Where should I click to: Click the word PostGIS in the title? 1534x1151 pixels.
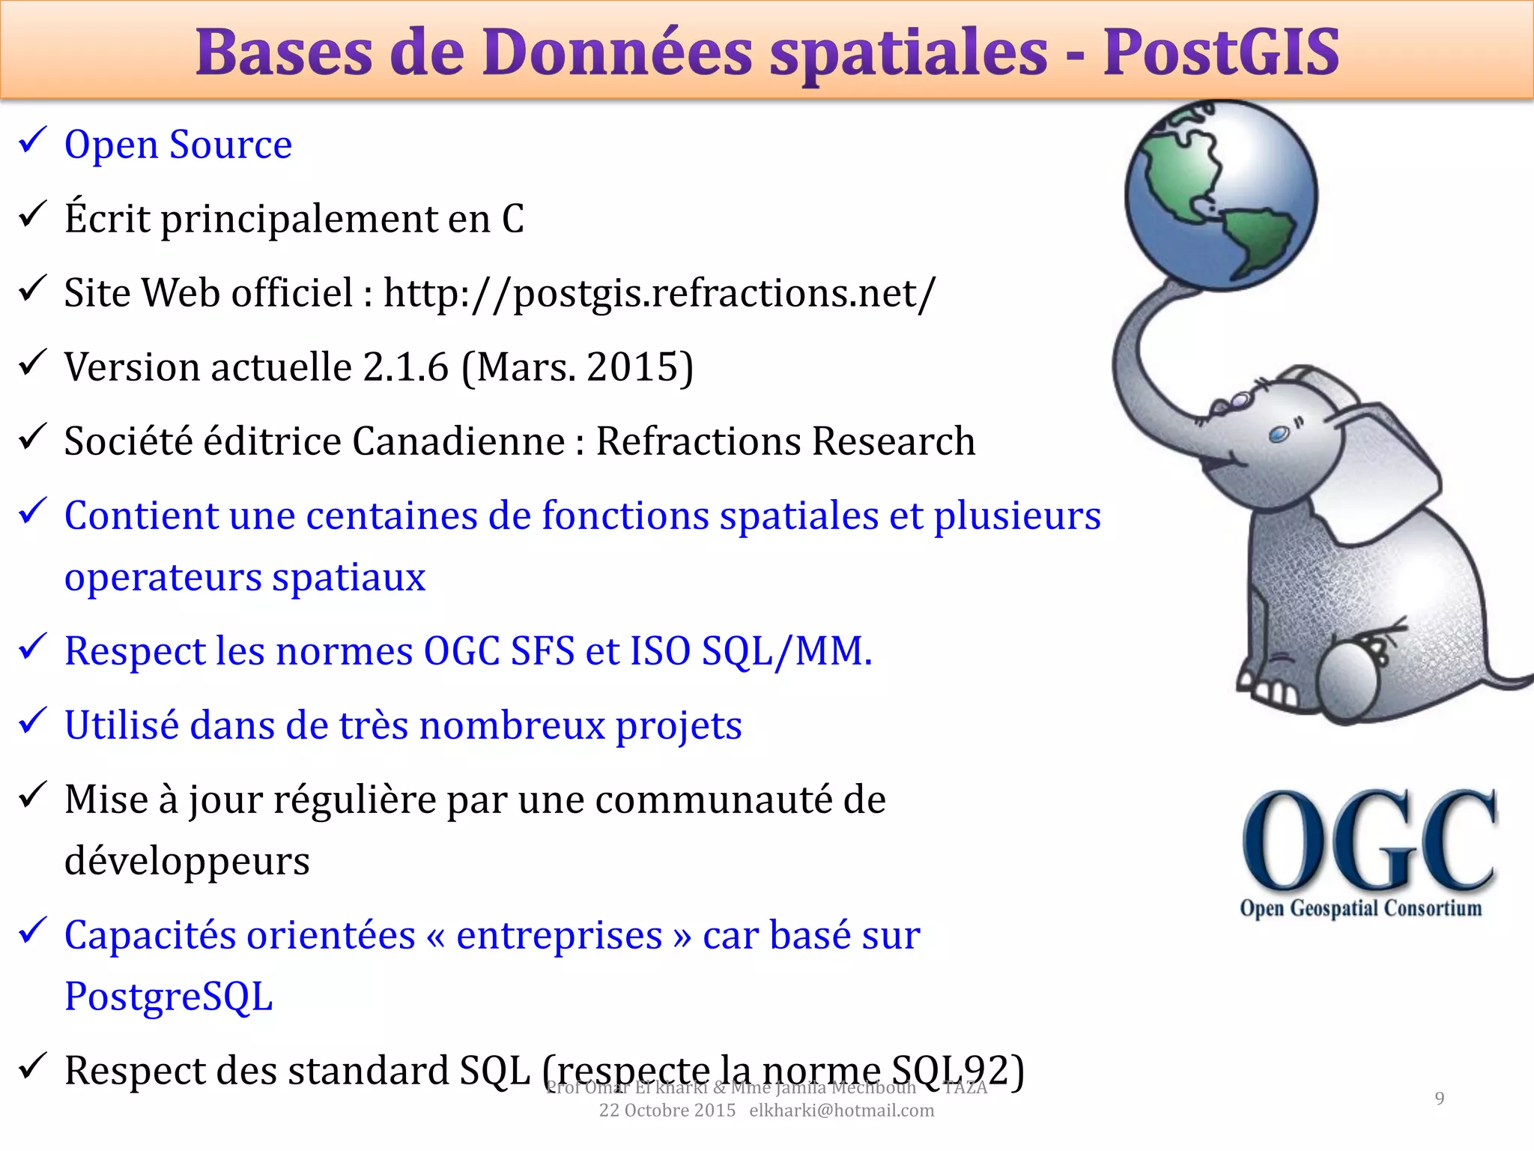coord(1221,52)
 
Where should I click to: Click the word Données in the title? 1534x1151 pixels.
coord(616,52)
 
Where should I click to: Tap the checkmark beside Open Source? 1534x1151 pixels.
coord(33,140)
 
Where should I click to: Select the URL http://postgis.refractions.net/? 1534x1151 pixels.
coord(659,293)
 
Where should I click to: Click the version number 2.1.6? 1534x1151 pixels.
coord(405,367)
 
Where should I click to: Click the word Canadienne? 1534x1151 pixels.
coord(458,441)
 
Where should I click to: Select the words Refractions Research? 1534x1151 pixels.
coord(785,441)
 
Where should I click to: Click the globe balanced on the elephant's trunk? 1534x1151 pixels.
coord(1221,195)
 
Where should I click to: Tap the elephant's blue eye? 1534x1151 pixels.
coord(1278,435)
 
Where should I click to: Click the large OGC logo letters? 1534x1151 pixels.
coord(1368,841)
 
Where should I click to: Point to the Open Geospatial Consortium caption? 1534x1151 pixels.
coord(1360,908)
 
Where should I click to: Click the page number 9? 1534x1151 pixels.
coord(1439,1099)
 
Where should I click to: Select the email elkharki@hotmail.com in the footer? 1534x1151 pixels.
coord(841,1111)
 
